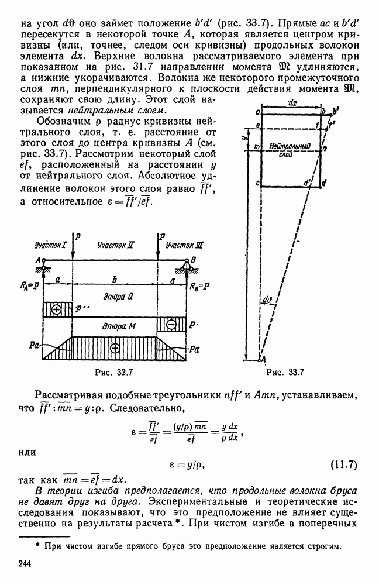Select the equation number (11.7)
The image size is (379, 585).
(x=343, y=465)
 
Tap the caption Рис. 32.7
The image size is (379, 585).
(x=114, y=372)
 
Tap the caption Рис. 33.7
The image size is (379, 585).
(x=285, y=372)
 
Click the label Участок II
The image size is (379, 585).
(x=115, y=245)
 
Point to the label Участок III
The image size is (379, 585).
(x=184, y=245)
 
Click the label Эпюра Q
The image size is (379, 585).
(x=118, y=297)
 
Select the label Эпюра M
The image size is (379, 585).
(x=119, y=326)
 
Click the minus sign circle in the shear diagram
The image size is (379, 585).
(x=171, y=324)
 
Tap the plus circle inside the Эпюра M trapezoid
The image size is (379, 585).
(x=115, y=348)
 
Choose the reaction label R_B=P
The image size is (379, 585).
(x=199, y=286)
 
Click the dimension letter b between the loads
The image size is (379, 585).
(x=115, y=280)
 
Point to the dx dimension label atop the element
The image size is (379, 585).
(x=293, y=103)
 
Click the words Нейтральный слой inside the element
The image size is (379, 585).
(x=290, y=150)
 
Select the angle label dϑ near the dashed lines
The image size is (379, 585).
(x=267, y=300)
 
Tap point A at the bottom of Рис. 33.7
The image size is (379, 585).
(x=263, y=359)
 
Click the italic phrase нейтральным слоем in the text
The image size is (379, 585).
(x=116, y=111)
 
